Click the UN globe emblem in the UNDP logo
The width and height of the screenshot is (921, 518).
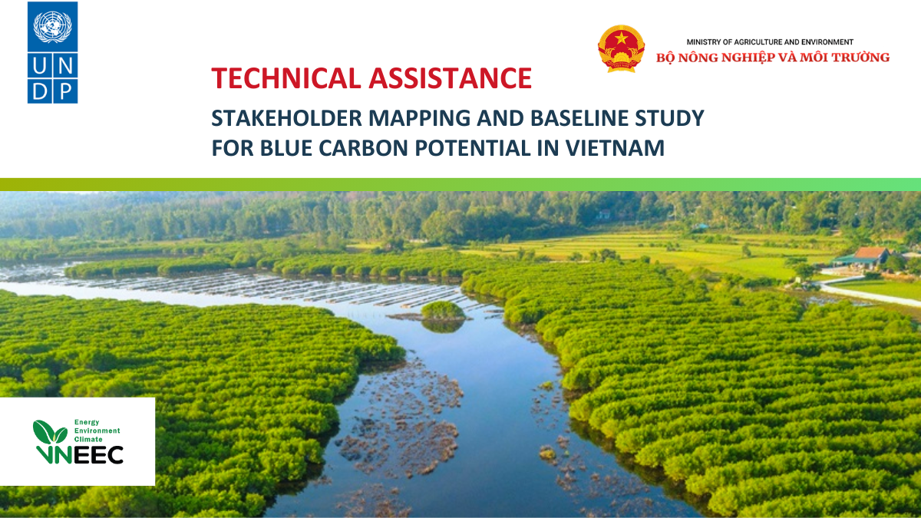(x=53, y=27)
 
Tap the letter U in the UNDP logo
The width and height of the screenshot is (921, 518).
(x=39, y=66)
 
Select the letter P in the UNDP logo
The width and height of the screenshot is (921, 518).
(x=66, y=91)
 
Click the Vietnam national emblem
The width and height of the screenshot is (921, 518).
(x=621, y=48)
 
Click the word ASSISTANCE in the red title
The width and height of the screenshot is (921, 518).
(x=451, y=78)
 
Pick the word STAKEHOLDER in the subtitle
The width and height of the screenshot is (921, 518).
(x=286, y=118)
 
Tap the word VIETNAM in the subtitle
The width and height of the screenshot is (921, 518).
(x=615, y=148)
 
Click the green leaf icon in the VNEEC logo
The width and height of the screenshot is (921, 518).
(x=50, y=433)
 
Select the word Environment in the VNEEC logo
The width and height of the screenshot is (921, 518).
(x=97, y=431)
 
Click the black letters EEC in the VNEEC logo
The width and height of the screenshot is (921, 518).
(x=98, y=454)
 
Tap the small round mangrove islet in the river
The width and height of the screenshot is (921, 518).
(x=443, y=310)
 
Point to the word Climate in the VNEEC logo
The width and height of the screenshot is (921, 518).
(x=88, y=439)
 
